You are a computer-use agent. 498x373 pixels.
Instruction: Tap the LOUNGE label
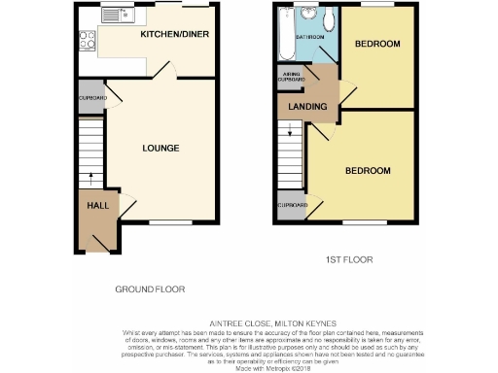tap(160, 148)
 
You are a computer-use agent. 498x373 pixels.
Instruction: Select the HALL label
tap(97, 206)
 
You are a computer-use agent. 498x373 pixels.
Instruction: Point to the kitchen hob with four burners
tap(85, 41)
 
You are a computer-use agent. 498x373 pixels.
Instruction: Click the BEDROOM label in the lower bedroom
tap(368, 171)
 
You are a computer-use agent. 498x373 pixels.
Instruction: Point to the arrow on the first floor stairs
tap(289, 133)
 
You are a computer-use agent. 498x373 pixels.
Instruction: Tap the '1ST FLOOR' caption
tap(349, 260)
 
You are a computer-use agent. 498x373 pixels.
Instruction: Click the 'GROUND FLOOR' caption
tap(150, 289)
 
